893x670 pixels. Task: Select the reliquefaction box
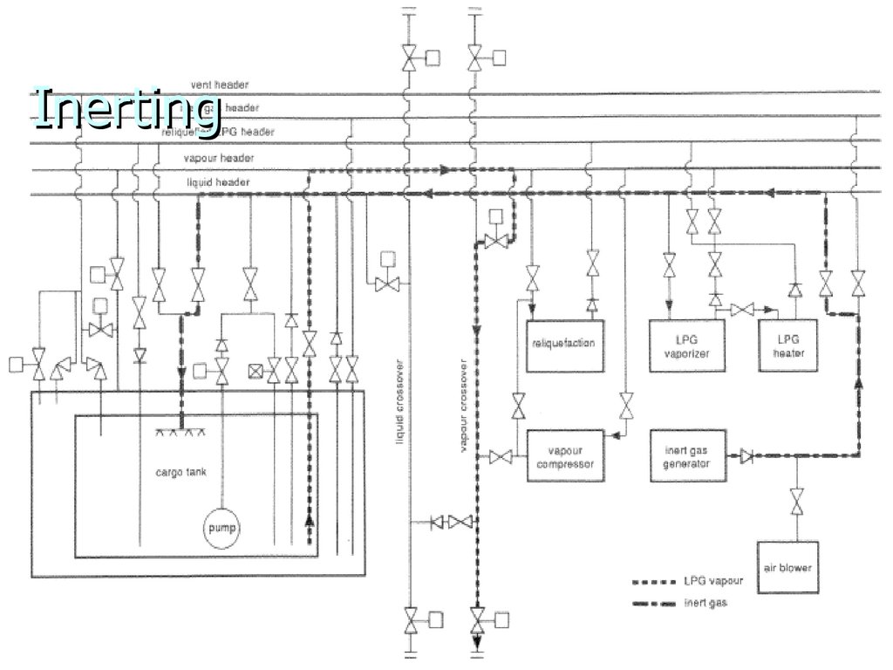[563, 344]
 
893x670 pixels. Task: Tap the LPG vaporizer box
[687, 345]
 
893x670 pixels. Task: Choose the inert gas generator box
[687, 456]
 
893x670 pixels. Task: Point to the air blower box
[787, 567]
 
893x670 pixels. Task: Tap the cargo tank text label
[181, 473]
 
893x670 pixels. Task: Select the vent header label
[220, 85]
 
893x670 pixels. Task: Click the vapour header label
[219, 159]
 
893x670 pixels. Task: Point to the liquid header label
[219, 182]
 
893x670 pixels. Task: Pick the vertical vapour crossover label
[464, 406]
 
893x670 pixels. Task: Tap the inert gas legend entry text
[706, 603]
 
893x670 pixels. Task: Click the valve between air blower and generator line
[796, 502]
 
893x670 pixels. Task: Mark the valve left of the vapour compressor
[501, 456]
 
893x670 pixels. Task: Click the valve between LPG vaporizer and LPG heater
[742, 310]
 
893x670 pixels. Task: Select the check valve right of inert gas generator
[746, 455]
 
